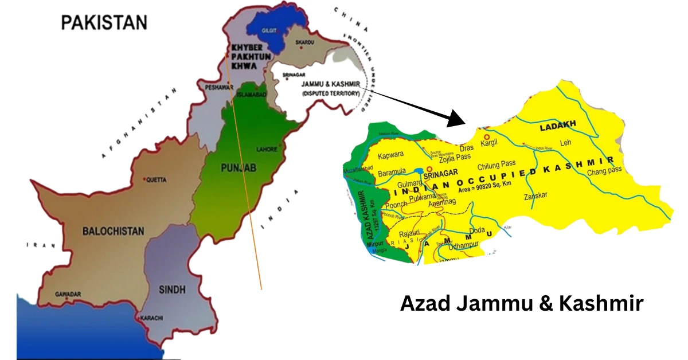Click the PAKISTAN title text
point(104,22)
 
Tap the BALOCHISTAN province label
point(114,231)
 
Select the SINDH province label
point(172,290)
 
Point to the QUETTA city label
point(156,180)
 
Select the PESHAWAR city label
point(212,88)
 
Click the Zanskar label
point(535,195)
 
